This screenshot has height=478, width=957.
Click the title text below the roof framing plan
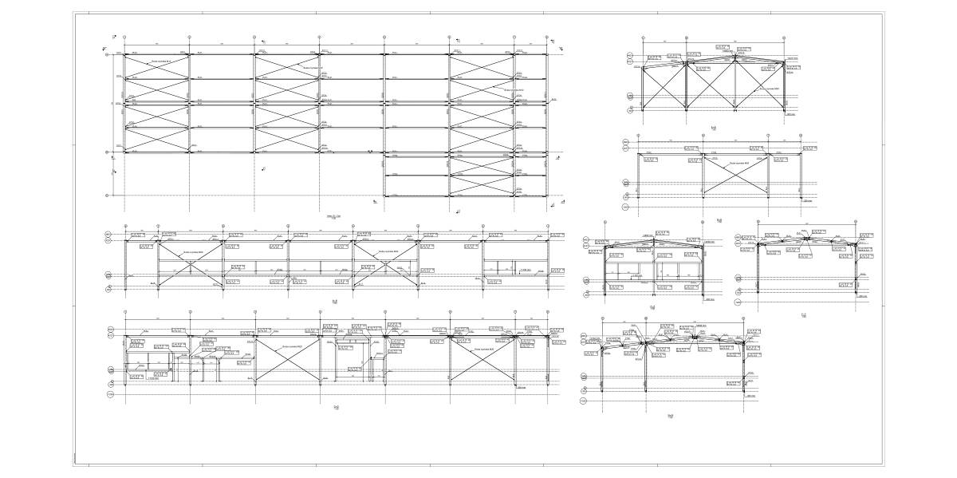tap(334, 216)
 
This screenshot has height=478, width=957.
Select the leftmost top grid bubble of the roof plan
tap(124, 37)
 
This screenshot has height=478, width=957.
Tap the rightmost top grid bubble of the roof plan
tap(548, 37)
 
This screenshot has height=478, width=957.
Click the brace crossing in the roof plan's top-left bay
tap(157, 66)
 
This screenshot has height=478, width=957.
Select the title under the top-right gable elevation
tap(714, 128)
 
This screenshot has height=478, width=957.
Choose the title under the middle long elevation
tap(335, 302)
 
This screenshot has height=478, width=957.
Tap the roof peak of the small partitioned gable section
tap(654, 239)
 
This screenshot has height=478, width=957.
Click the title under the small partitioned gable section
tap(652, 308)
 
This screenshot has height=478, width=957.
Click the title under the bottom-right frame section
tap(671, 416)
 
